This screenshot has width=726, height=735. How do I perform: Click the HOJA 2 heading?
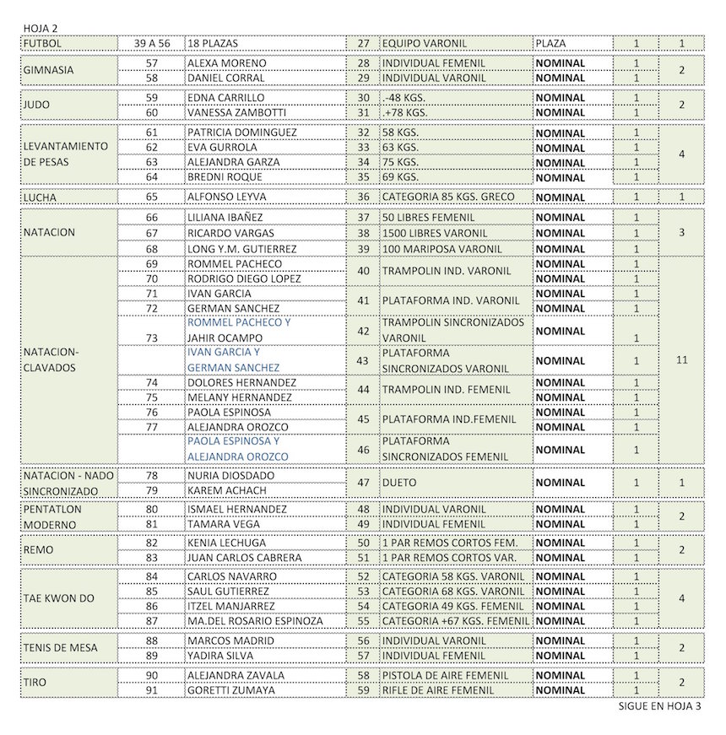(x=41, y=28)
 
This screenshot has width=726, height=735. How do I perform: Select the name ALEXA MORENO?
(x=226, y=63)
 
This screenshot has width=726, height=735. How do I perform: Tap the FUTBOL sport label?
(x=43, y=43)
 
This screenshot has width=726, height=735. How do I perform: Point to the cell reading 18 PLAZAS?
(x=216, y=43)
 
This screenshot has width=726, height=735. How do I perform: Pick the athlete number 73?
(x=152, y=338)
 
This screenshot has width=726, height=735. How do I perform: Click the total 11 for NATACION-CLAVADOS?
(x=682, y=359)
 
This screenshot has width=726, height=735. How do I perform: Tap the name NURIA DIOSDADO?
(x=230, y=475)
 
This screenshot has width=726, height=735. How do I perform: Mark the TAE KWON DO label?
(x=58, y=598)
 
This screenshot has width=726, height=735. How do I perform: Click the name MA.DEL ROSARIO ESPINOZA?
(x=255, y=621)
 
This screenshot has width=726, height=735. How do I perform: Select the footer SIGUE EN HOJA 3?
(x=660, y=707)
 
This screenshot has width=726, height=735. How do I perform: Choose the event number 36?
(x=364, y=197)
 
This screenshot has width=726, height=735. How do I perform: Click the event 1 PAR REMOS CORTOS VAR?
(x=449, y=558)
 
